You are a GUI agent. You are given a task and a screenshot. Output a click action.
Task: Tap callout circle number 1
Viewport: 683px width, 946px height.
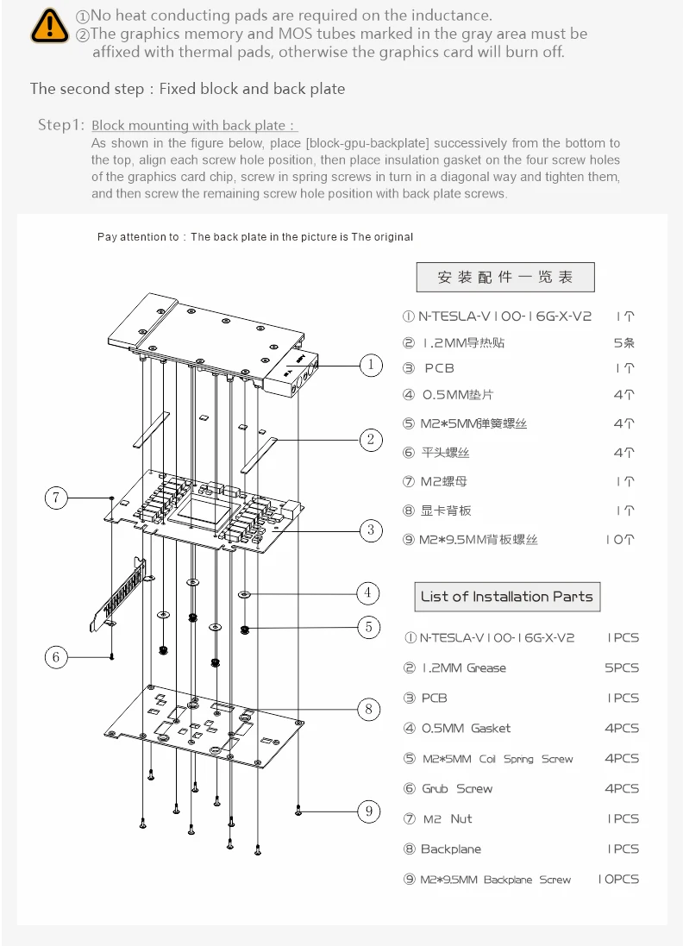click(371, 366)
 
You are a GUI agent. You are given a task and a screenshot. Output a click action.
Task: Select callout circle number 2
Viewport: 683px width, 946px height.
click(371, 441)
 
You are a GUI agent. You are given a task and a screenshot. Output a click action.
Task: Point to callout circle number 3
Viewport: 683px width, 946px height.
click(371, 529)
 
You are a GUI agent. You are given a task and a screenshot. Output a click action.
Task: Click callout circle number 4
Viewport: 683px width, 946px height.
click(368, 593)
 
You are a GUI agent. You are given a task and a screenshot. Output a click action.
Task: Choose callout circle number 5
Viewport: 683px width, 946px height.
click(368, 627)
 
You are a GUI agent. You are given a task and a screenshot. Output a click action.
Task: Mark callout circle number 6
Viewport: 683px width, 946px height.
click(56, 657)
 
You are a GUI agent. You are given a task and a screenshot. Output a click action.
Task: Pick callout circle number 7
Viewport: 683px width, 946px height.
click(56, 498)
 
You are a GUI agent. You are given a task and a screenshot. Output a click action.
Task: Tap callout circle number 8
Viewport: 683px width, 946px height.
click(369, 710)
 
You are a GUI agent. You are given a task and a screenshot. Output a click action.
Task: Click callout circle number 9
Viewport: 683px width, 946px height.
click(369, 811)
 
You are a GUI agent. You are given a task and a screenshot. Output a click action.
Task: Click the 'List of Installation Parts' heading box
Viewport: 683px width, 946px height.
click(506, 597)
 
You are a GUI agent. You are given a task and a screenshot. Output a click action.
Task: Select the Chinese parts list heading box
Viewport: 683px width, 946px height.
click(504, 278)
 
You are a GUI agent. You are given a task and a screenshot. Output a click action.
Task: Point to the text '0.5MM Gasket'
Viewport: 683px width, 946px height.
click(466, 729)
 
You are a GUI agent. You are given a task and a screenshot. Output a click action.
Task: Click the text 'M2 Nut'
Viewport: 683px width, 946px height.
click(448, 819)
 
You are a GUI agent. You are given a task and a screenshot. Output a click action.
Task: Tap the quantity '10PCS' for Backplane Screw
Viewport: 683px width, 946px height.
click(618, 880)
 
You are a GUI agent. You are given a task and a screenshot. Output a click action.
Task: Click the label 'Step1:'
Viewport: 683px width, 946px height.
click(61, 125)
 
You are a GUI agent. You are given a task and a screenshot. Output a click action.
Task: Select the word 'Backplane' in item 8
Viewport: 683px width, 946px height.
click(450, 849)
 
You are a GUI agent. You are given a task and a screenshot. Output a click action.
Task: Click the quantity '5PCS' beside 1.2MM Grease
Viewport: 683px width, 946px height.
click(622, 668)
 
